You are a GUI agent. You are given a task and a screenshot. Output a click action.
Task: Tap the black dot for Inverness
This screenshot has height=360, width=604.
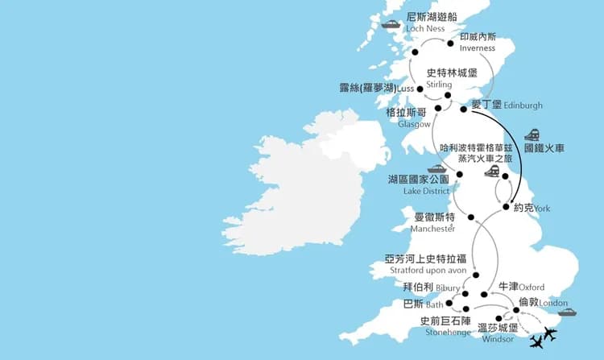451,43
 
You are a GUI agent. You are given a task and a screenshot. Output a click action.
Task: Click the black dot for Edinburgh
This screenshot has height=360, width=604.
463,109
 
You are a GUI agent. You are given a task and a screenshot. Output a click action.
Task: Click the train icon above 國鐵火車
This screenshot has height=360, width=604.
533,134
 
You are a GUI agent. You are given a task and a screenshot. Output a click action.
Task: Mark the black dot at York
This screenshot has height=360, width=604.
506,207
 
